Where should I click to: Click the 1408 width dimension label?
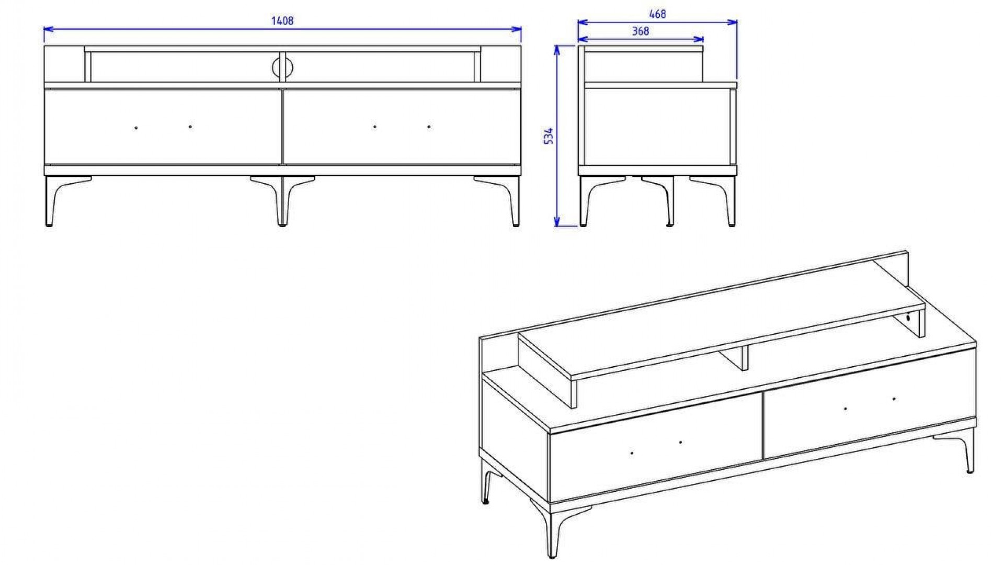pos(282,21)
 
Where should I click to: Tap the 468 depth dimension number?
pos(657,15)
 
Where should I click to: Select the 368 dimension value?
pos(641,31)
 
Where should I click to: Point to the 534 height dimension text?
pos(549,137)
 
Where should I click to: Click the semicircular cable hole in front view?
pos(282,67)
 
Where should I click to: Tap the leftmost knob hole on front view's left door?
pos(136,128)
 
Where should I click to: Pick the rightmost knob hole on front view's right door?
pos(429,127)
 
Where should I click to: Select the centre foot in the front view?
pos(282,201)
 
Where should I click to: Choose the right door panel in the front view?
pos(402,127)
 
